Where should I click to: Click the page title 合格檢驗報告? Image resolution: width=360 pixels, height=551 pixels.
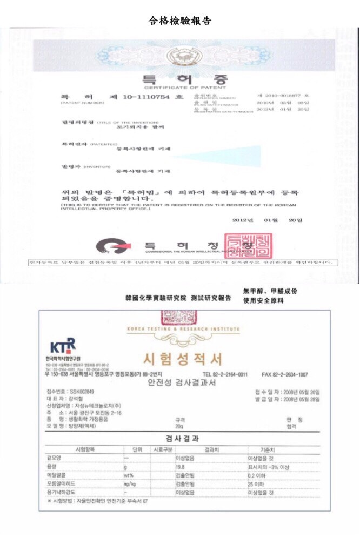click(x=180, y=21)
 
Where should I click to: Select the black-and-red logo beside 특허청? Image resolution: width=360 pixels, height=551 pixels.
click(x=113, y=247)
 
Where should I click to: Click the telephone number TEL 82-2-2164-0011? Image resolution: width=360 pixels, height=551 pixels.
click(x=225, y=374)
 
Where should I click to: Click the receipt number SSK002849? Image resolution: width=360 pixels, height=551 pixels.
click(x=82, y=391)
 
